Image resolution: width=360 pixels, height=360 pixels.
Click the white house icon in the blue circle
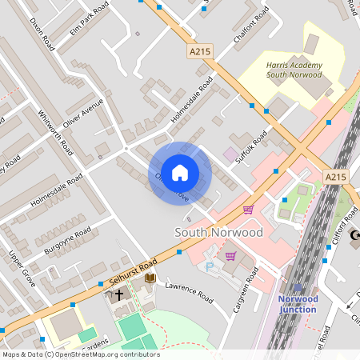180,172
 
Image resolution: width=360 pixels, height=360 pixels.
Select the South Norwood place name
218,232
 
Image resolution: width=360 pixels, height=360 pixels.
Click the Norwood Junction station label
298,304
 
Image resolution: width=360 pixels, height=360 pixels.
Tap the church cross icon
119,294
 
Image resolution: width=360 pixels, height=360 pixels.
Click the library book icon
150,277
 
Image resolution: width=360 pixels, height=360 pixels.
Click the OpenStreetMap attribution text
80,354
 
